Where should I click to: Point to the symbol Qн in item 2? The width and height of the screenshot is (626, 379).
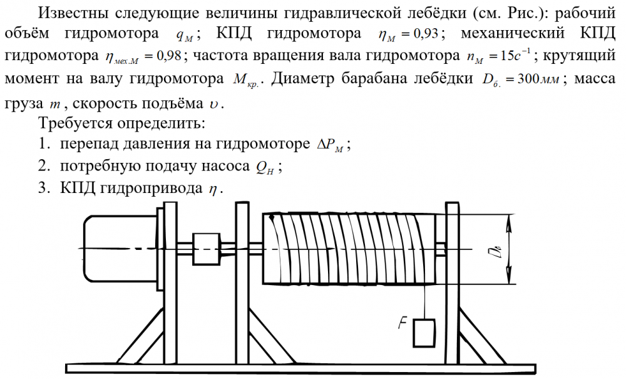tap(266, 167)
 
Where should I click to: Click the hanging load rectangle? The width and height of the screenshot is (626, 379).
tap(424, 333)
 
